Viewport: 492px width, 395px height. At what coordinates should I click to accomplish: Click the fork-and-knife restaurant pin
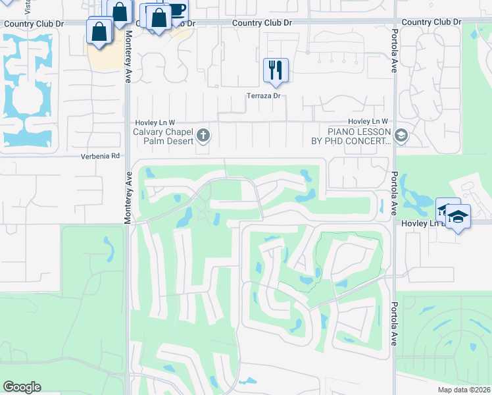click(x=276, y=70)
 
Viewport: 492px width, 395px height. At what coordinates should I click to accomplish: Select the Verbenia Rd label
click(x=101, y=156)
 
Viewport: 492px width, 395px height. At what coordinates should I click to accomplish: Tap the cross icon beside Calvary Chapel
click(x=203, y=136)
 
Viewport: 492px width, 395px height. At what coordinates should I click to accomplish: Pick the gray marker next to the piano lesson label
click(x=401, y=136)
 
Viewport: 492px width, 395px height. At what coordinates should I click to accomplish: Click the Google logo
click(x=22, y=386)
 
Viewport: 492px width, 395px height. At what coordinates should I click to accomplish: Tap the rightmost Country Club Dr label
click(x=431, y=22)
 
